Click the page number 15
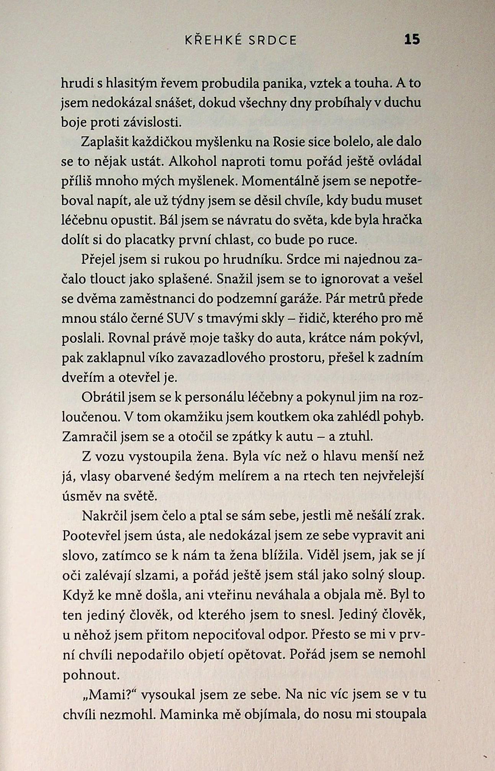pyautogui.click(x=412, y=40)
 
